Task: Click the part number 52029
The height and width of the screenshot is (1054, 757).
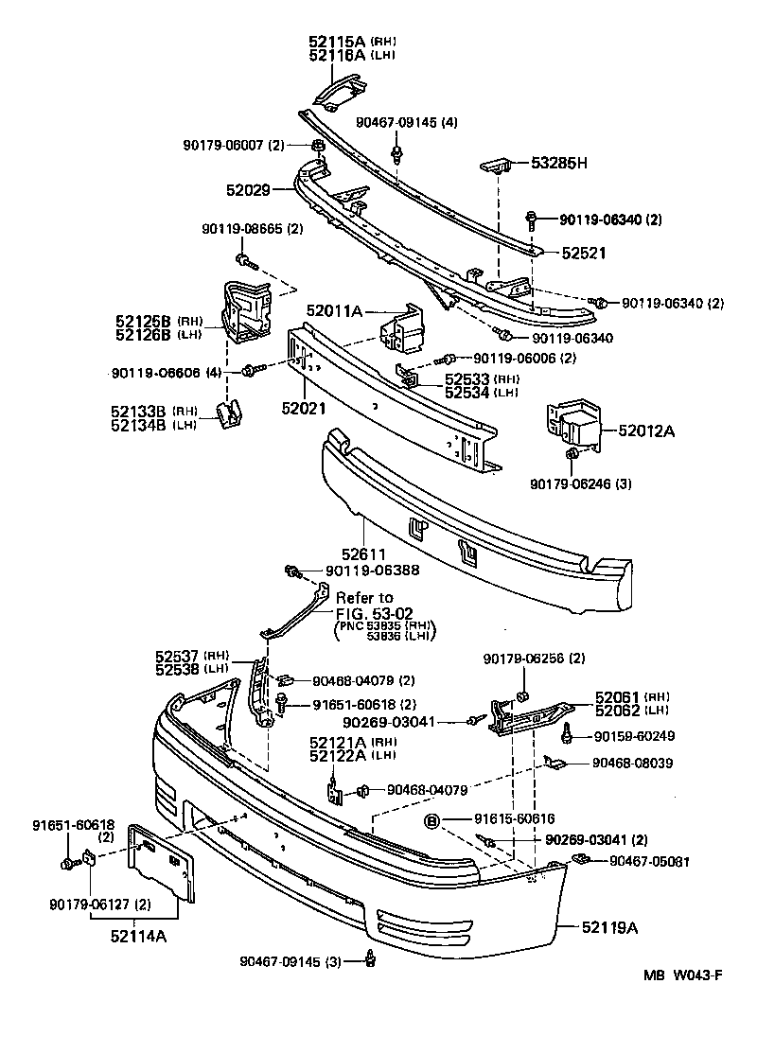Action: click(x=248, y=189)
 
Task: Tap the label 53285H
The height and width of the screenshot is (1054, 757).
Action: click(x=558, y=163)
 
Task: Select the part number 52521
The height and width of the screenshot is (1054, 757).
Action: click(x=583, y=254)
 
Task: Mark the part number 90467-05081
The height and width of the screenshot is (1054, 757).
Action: click(x=649, y=861)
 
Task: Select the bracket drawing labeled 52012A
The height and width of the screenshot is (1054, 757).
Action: click(x=572, y=425)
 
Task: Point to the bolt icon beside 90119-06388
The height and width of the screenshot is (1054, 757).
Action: click(x=293, y=571)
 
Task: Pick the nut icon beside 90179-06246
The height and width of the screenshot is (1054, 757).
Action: click(x=572, y=457)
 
